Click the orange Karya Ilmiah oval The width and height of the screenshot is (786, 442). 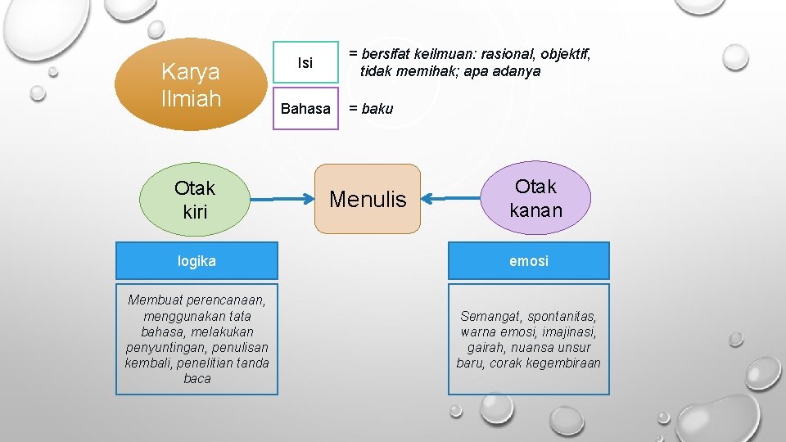pyautogui.click(x=192, y=84)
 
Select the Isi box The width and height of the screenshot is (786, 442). pyautogui.click(x=305, y=63)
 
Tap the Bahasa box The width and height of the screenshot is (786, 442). pyautogui.click(x=305, y=108)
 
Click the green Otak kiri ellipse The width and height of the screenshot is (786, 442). pyautogui.click(x=195, y=200)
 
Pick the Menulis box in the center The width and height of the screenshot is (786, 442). pyautogui.click(x=368, y=199)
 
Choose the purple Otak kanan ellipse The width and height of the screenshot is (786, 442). pyautogui.click(x=536, y=199)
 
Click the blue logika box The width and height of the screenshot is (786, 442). pyautogui.click(x=196, y=261)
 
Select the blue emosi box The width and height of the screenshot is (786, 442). pyautogui.click(x=529, y=261)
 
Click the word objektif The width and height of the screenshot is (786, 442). pyautogui.click(x=558, y=55)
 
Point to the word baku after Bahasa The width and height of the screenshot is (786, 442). pyautogui.click(x=377, y=109)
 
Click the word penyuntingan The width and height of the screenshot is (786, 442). pyautogui.click(x=160, y=347)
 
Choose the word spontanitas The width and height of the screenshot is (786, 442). pyautogui.click(x=561, y=316)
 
